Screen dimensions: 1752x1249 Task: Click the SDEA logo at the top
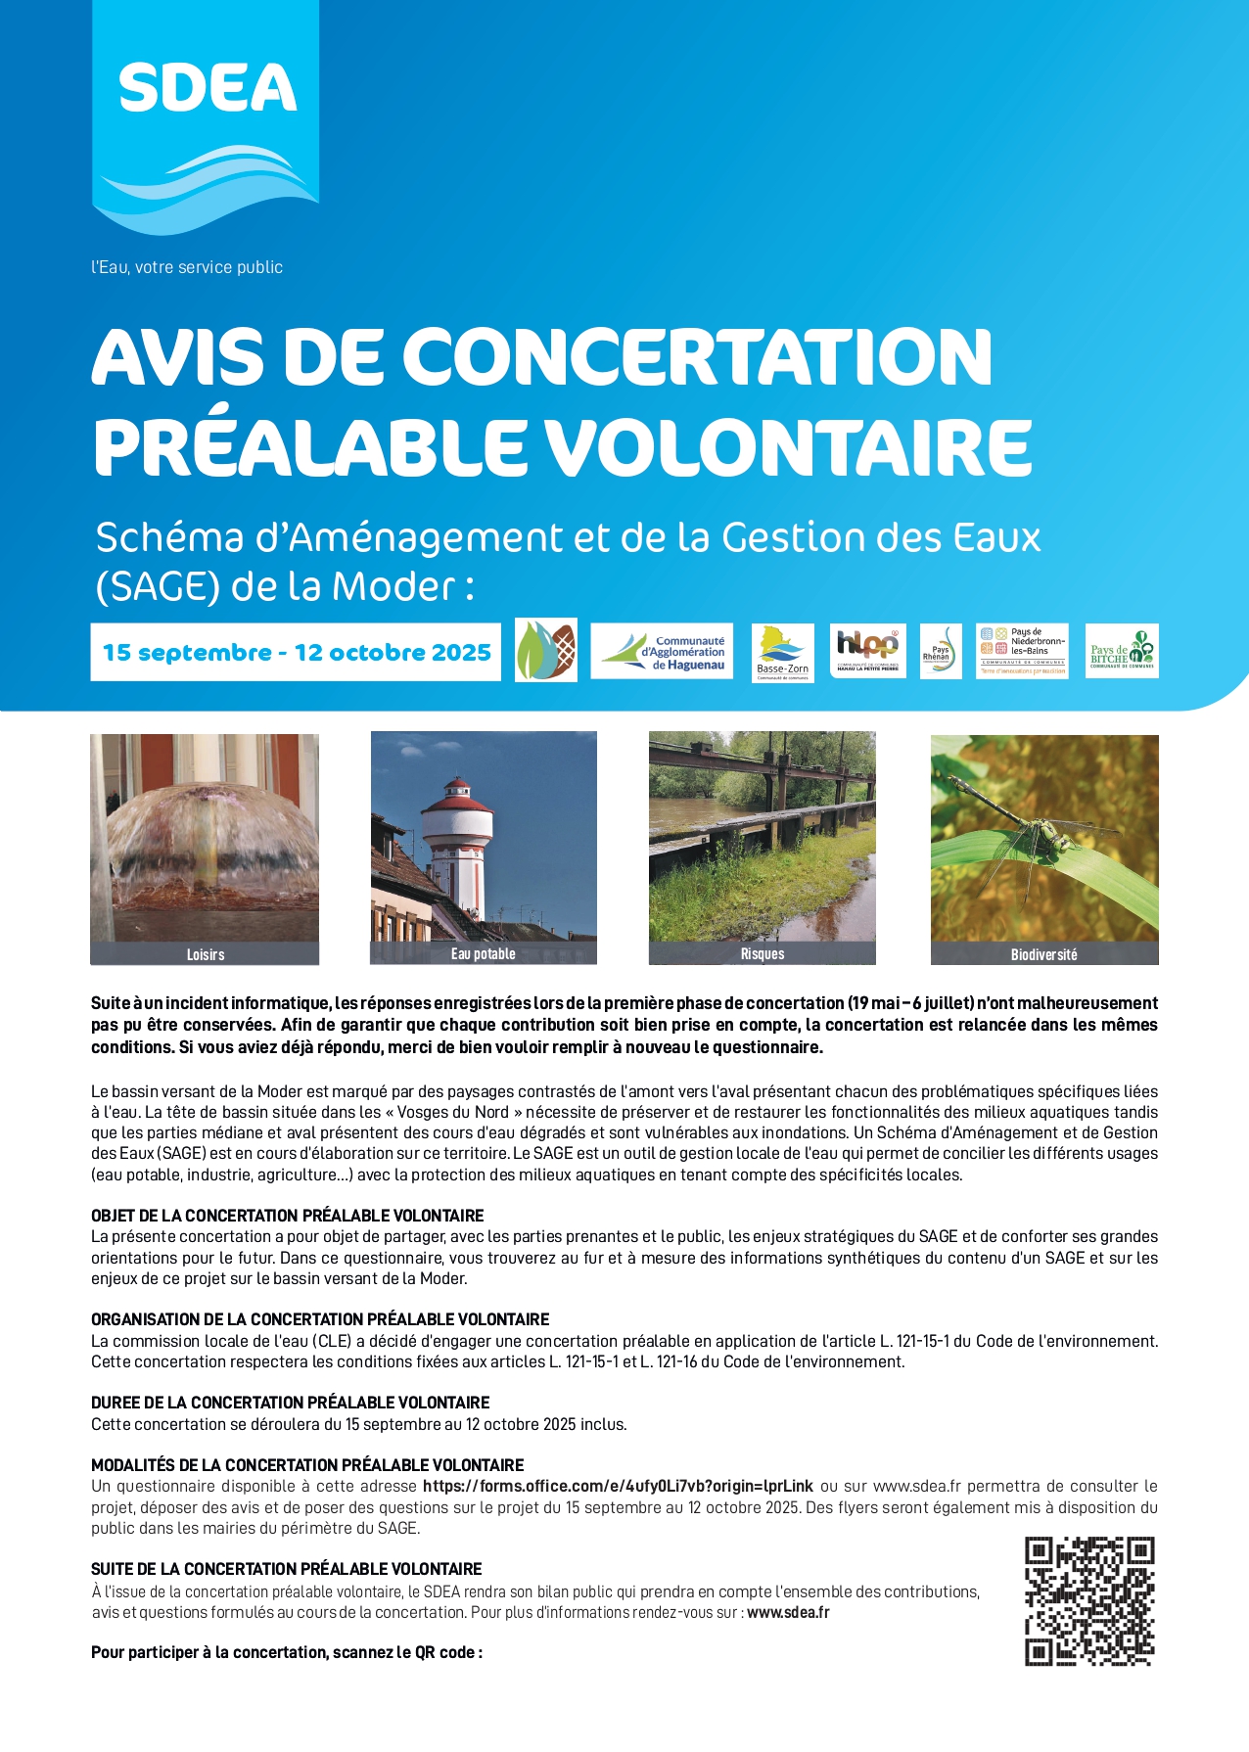coord(207,117)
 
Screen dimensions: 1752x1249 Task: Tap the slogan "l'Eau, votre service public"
coord(187,267)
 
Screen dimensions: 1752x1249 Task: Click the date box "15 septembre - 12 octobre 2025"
coord(296,652)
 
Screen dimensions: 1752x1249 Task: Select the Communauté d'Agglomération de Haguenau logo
coord(663,652)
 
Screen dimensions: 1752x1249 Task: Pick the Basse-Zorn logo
coord(782,653)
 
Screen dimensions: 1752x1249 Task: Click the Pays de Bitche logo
coord(1122,652)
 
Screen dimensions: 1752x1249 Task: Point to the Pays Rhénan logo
coord(941,652)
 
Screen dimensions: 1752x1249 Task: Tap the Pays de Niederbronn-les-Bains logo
coord(1022,652)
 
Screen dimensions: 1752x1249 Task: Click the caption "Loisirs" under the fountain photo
coord(206,954)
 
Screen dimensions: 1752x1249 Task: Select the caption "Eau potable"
coord(484,954)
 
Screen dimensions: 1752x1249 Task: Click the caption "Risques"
coord(763,954)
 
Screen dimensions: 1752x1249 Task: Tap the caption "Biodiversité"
coord(1043,954)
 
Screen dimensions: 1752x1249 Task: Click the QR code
coord(1089,1601)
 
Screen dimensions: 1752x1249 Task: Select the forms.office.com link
coord(618,1486)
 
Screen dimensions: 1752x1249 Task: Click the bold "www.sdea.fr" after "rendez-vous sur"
coord(788,1612)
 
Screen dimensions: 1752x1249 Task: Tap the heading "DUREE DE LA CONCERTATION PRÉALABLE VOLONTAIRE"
coord(291,1403)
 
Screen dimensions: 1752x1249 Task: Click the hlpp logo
coord(867,651)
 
